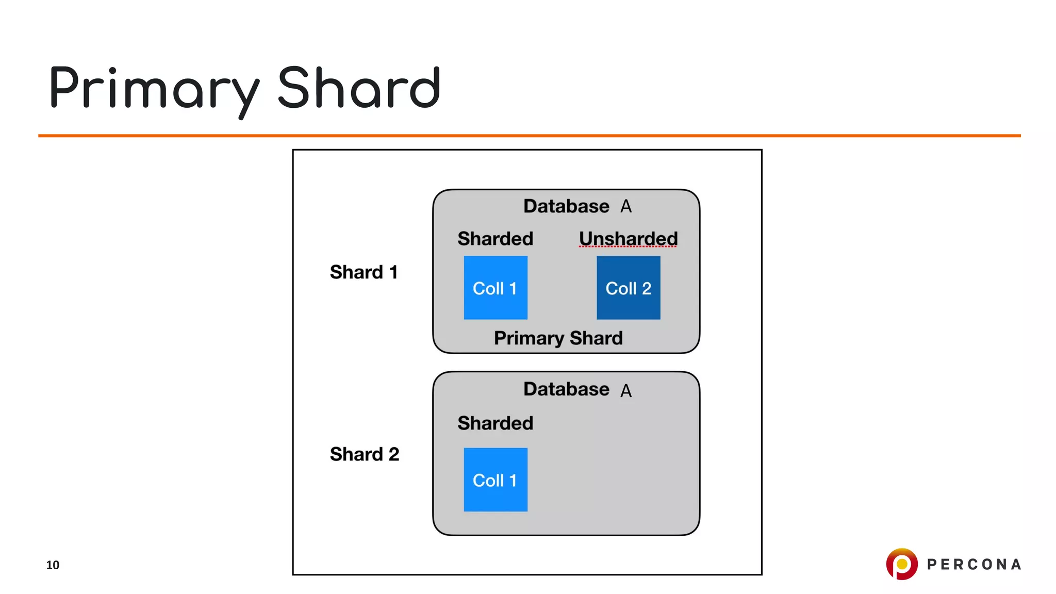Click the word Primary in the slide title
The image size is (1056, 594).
click(x=154, y=89)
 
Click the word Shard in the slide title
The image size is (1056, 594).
click(x=359, y=89)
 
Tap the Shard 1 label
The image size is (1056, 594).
click(x=364, y=272)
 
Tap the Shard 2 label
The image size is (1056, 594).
click(x=365, y=454)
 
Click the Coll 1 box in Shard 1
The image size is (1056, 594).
click(x=495, y=288)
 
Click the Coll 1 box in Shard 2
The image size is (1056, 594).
click(x=495, y=480)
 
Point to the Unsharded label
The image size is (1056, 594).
click(x=628, y=239)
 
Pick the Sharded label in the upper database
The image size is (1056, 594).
click(x=495, y=239)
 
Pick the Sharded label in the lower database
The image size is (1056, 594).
click(x=495, y=423)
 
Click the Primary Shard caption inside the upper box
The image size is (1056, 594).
click(x=558, y=338)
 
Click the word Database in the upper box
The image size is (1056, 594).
click(x=566, y=206)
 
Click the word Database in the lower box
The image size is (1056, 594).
click(x=566, y=389)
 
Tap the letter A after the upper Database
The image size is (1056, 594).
click(x=626, y=207)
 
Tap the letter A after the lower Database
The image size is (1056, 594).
click(x=626, y=391)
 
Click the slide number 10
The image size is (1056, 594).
click(x=53, y=565)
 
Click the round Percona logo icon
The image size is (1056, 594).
click(x=901, y=564)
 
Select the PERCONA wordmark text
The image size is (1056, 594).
click(x=973, y=565)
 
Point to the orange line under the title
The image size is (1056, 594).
click(x=529, y=136)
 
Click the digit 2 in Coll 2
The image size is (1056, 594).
click(x=647, y=289)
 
